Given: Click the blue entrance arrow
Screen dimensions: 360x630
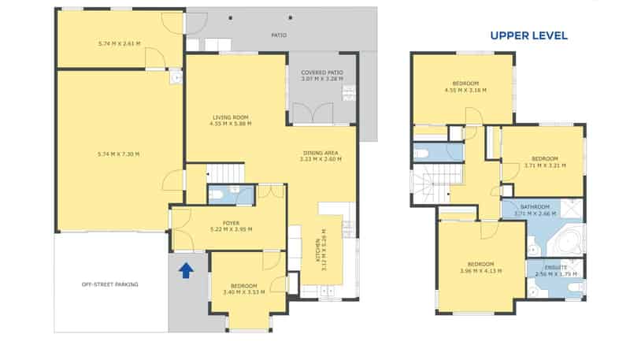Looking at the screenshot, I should (186, 271).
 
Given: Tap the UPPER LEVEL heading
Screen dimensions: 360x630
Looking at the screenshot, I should (528, 35).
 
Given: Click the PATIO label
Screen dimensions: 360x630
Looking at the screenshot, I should (279, 35).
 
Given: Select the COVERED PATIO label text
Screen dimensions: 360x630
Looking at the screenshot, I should (321, 72).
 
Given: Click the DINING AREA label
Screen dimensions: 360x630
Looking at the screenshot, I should (321, 153).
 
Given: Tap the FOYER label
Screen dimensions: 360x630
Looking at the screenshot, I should (231, 223).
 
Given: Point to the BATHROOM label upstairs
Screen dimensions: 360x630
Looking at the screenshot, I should (535, 207).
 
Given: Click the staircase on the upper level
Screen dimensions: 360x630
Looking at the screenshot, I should (430, 185).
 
